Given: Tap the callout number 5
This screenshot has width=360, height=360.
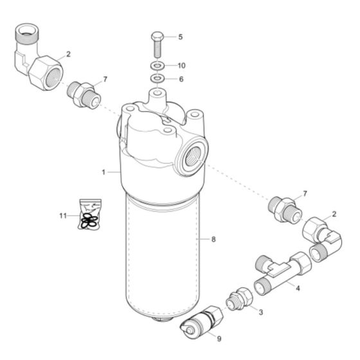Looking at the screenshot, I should [181, 37].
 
